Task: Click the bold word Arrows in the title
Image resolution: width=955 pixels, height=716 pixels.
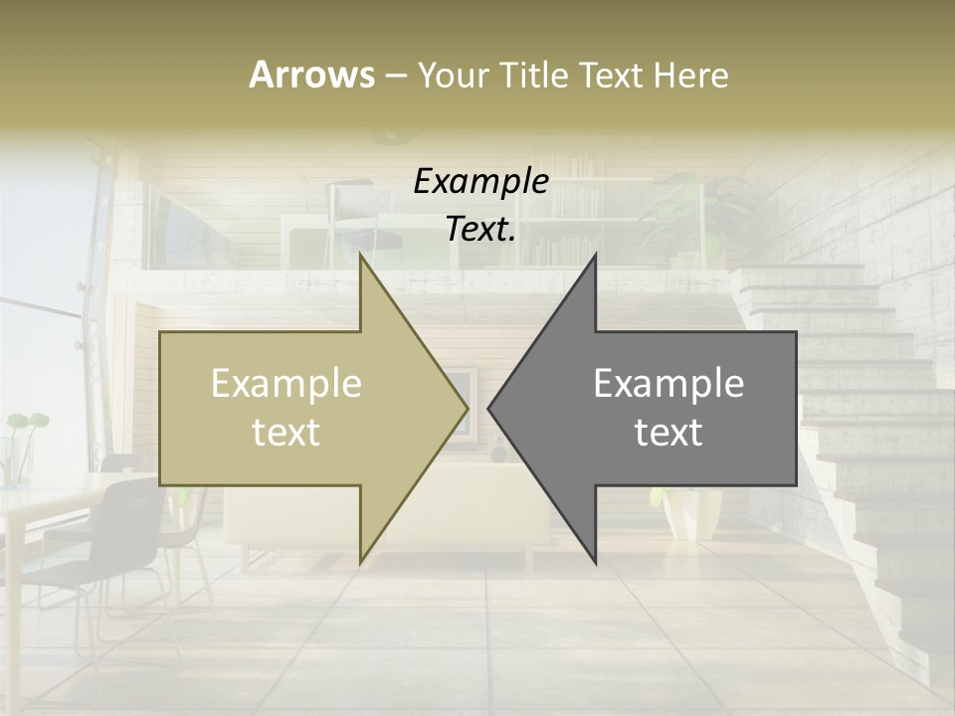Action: tap(311, 75)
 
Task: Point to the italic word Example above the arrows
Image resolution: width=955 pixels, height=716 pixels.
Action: tap(480, 181)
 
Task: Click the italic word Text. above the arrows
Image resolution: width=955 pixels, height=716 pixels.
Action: tap(480, 229)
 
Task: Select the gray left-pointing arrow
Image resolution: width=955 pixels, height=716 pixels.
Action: tap(657, 408)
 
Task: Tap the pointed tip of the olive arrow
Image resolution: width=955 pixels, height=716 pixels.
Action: tap(466, 407)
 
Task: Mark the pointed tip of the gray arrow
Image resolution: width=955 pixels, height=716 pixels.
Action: tap(490, 407)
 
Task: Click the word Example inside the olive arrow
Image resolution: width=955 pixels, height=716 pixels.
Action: tap(286, 384)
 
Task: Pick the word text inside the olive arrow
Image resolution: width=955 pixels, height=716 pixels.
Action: tap(286, 433)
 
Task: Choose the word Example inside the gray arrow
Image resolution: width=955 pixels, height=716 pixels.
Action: tap(668, 384)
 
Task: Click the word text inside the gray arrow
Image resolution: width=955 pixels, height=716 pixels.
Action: tap(668, 433)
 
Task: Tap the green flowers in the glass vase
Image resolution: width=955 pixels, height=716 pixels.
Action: tap(25, 424)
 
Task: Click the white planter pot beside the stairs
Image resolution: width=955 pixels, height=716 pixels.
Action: tap(692, 512)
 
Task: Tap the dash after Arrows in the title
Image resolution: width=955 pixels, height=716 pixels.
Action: tap(395, 76)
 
